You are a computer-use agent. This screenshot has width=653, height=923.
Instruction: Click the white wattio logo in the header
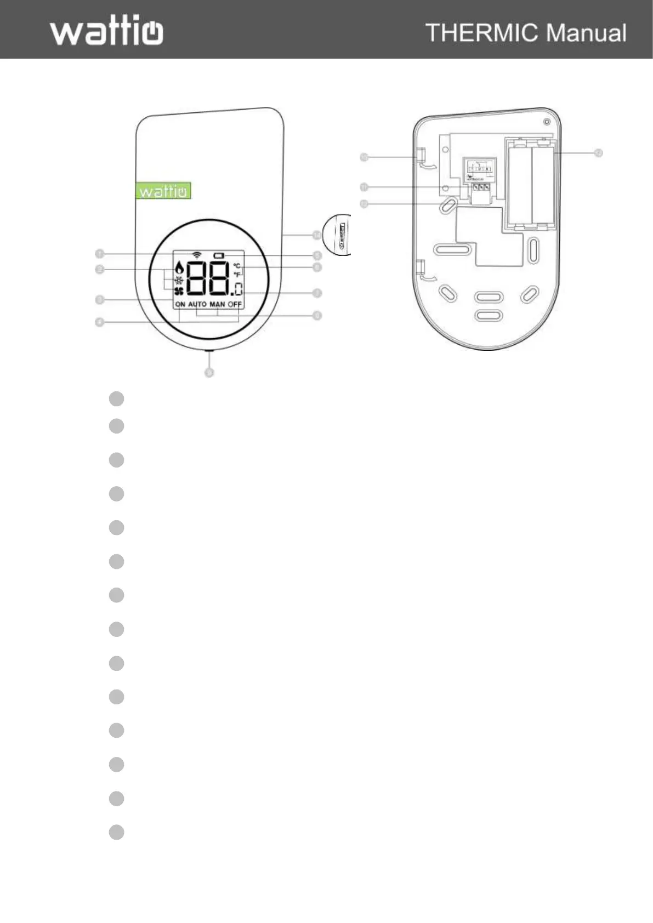point(107,31)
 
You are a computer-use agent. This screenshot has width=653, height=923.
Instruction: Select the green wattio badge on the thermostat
point(163,191)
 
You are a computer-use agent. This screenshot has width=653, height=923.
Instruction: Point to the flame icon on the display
point(178,268)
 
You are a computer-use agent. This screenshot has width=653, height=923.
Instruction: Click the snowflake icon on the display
point(179,279)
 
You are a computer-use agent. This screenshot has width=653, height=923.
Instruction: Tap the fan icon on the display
point(179,292)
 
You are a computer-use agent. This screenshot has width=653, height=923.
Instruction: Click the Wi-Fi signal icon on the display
point(196,255)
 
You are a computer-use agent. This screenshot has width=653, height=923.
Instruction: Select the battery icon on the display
point(219,255)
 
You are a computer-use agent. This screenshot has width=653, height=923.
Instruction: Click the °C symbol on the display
point(237,266)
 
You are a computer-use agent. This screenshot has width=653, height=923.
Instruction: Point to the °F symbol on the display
point(237,274)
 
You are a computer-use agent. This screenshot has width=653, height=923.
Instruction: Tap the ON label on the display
point(180,304)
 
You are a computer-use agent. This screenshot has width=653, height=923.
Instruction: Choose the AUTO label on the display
point(197,304)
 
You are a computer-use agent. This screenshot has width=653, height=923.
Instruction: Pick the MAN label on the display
point(217,304)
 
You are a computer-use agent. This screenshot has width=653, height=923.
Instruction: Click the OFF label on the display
point(235,304)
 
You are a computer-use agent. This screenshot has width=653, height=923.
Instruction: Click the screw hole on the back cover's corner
point(546,122)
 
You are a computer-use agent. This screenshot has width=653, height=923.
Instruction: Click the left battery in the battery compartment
point(519,186)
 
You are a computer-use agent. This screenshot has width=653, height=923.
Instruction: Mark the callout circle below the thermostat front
point(209,372)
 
